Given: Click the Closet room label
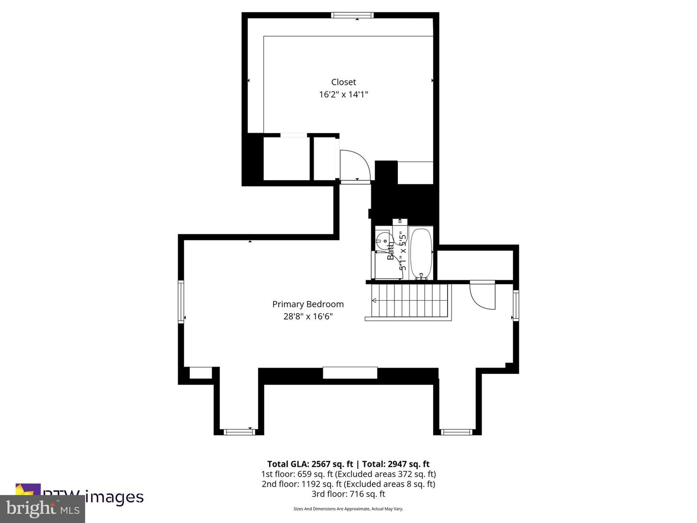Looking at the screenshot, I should point(343,82).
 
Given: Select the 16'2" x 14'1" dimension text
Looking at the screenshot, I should point(343,94).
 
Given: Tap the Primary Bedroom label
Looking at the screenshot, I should point(308,304).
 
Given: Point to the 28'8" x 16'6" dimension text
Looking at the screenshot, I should point(308,317).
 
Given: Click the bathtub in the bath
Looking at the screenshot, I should point(421,253).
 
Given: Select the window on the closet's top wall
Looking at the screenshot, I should point(352,15).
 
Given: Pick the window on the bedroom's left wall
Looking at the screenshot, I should point(181,301).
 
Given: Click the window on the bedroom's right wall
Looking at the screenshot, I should point(516,305).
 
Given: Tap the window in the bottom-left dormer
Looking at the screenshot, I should point(238,431).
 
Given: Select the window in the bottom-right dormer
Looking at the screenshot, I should point(456,431).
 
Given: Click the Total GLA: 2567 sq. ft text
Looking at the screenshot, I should point(310,464).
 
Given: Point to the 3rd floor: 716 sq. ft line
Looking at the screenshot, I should point(348,494).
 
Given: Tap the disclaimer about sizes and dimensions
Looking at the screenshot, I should point(348,509).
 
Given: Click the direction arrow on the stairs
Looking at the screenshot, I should point(374,301).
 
